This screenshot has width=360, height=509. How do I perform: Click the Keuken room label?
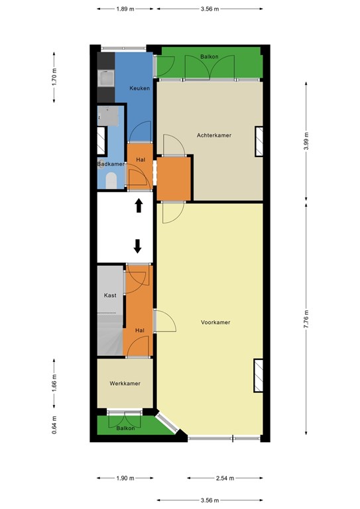tap(139, 88)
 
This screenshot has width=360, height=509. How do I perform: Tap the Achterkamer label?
tap(214, 135)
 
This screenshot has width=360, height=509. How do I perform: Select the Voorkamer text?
tap(215, 323)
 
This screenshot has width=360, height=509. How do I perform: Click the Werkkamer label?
tap(125, 384)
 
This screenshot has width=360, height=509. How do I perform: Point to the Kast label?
tap(110, 296)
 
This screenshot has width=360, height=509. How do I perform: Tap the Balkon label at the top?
tap(210, 57)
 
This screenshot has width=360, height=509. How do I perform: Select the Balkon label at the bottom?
tap(125, 428)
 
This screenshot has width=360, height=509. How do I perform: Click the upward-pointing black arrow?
tap(139, 205)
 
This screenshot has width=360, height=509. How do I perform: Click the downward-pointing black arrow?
tap(138, 246)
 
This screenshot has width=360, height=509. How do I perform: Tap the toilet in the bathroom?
tap(111, 180)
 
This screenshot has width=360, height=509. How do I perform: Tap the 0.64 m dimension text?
tap(55, 422)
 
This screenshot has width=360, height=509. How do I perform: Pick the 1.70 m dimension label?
tap(55, 75)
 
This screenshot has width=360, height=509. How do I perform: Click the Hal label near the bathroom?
tap(140, 160)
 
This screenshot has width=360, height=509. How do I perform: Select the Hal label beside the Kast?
tap(139, 330)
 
